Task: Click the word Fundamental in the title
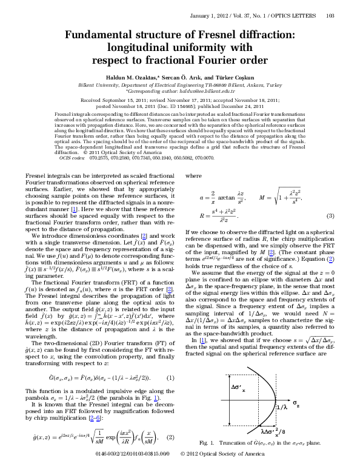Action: (x=99, y=36)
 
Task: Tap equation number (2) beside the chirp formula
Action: (x=172, y=437)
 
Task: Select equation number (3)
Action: (x=339, y=217)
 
